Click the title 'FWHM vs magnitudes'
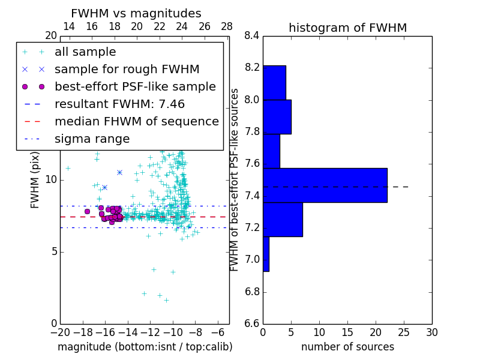coord(136,13)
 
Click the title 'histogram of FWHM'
coord(347,28)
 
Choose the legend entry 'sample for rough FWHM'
coord(127,70)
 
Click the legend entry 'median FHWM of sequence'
coord(136,121)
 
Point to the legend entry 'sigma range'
coord(92,139)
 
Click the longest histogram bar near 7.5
coord(325,185)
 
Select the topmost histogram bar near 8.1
coord(274,82)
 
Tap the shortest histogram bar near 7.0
coord(266,254)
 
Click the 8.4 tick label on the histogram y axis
coord(252,35)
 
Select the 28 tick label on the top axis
coord(227,26)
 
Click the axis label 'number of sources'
coord(347,347)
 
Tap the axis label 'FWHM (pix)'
coord(35,179)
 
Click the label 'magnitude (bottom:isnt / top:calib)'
coord(145,347)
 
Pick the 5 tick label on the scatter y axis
coord(53,251)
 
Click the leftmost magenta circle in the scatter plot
coord(87,211)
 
